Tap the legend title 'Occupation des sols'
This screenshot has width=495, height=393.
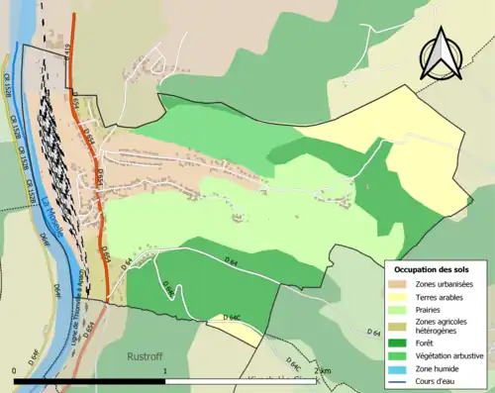click(432, 269)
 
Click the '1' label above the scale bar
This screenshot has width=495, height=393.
click(163, 369)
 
